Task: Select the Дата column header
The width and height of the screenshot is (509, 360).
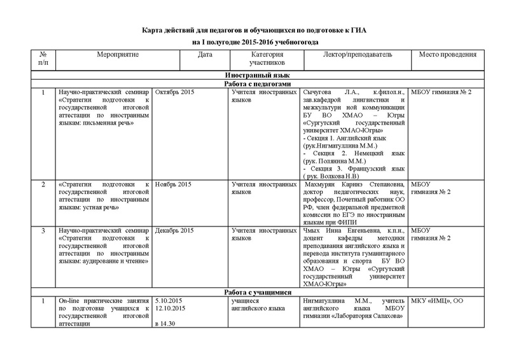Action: click(x=205, y=55)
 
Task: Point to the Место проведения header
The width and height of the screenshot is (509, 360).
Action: click(x=448, y=55)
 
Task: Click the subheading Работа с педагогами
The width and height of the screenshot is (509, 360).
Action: click(x=258, y=84)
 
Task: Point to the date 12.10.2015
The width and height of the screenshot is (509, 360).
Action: click(x=170, y=309)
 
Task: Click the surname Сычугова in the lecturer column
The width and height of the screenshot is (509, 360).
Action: click(x=320, y=93)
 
